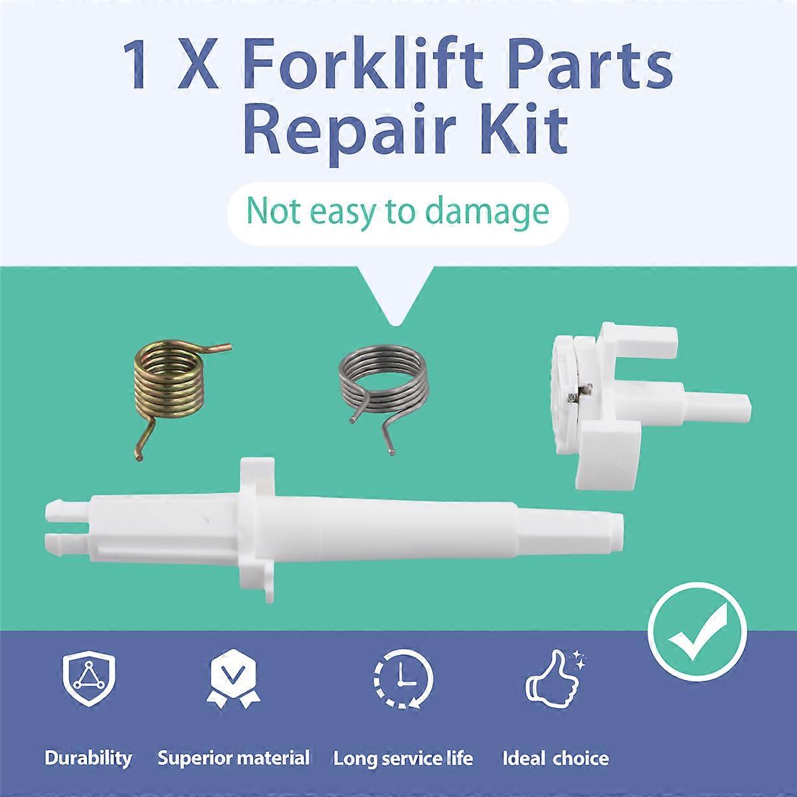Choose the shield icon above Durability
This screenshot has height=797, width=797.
(x=88, y=679)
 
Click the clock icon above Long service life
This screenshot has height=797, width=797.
(x=403, y=681)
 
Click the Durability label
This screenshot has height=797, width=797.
(x=88, y=758)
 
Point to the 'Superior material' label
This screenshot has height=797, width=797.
(x=234, y=758)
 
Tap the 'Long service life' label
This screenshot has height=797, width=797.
(x=403, y=758)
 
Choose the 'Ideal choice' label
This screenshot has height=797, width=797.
(x=555, y=758)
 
